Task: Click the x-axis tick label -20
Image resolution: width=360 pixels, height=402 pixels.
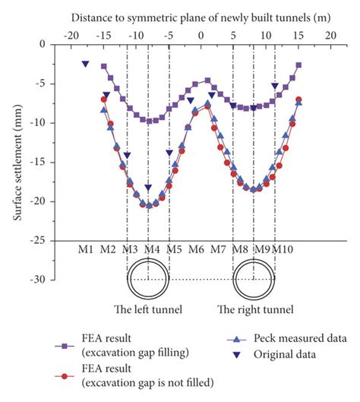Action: click(x=71, y=35)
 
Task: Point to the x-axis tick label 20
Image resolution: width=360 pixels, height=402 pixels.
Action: click(x=330, y=35)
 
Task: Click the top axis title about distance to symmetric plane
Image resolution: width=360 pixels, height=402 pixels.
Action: click(x=200, y=15)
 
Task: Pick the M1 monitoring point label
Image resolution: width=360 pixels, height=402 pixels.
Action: click(x=86, y=249)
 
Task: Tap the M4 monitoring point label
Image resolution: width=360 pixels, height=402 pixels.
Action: click(x=152, y=249)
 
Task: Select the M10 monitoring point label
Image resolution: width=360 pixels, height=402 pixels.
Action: click(x=283, y=249)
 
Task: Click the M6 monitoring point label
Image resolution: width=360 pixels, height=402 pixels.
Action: click(x=196, y=249)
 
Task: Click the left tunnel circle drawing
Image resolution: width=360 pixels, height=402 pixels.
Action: click(x=148, y=278)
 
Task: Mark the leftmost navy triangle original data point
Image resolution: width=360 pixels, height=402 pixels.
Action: click(x=86, y=65)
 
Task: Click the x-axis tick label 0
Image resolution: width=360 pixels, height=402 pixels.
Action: click(x=201, y=35)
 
